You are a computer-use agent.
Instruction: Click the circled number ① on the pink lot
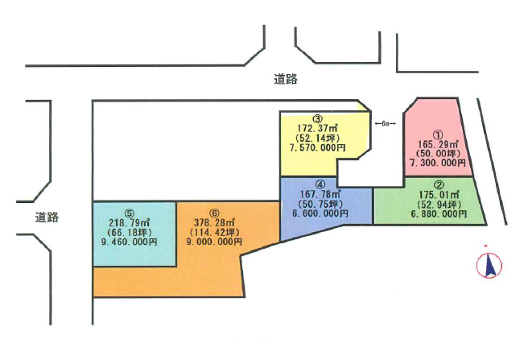[438, 135]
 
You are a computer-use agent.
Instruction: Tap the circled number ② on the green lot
[439, 185]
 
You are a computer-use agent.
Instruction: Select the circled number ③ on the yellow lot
[318, 118]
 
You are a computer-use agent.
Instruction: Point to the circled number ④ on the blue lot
[320, 184]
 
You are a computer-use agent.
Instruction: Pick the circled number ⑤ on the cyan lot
[130, 213]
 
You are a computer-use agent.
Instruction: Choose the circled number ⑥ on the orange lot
[214, 213]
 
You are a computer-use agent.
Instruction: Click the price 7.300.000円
[438, 163]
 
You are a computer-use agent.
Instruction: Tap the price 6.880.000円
[439, 213]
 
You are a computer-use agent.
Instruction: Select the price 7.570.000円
[318, 147]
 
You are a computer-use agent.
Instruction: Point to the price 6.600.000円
[320, 213]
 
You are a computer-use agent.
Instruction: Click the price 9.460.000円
[129, 242]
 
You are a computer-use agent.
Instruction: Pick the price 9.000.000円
[214, 242]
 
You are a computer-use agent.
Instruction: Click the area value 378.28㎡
[214, 222]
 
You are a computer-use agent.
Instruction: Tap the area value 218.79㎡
[130, 222]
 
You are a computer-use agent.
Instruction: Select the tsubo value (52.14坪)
[318, 138]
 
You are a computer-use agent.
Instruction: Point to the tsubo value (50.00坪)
[438, 153]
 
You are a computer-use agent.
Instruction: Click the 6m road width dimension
[386, 124]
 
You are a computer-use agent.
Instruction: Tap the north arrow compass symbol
[489, 265]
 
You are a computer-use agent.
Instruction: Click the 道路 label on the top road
[286, 80]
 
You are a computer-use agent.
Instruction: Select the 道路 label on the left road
[47, 217]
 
